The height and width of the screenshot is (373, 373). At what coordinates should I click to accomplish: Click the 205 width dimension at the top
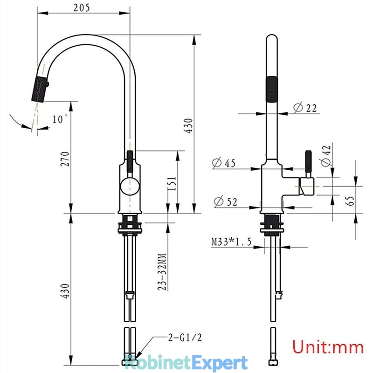click(x=82, y=7)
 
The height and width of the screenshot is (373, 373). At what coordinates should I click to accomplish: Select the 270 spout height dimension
click(x=65, y=159)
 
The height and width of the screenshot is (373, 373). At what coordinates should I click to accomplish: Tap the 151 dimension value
click(x=172, y=183)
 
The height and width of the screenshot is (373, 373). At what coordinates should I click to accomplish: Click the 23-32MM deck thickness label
click(x=162, y=272)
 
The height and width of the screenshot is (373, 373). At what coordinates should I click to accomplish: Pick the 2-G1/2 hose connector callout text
click(x=185, y=338)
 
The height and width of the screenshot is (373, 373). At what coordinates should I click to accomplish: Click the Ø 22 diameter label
click(x=305, y=108)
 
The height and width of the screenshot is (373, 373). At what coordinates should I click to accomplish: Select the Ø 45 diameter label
click(x=224, y=163)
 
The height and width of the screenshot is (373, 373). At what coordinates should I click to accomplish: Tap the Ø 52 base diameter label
click(x=226, y=202)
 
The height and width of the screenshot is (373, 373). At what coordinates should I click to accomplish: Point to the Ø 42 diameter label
click(x=326, y=156)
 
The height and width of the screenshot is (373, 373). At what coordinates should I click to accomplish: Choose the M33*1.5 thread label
click(x=231, y=242)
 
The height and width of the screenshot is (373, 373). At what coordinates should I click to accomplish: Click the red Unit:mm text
click(x=328, y=347)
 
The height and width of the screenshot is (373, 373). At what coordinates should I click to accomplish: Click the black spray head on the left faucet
click(x=40, y=89)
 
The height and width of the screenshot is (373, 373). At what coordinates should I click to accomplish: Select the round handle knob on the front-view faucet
click(x=130, y=186)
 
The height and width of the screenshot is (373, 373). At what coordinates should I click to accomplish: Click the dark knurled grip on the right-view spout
click(x=271, y=89)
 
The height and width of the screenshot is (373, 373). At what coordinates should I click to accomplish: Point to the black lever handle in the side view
click(x=309, y=161)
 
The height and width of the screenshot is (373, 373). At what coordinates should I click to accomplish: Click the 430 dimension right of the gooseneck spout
click(x=189, y=125)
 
